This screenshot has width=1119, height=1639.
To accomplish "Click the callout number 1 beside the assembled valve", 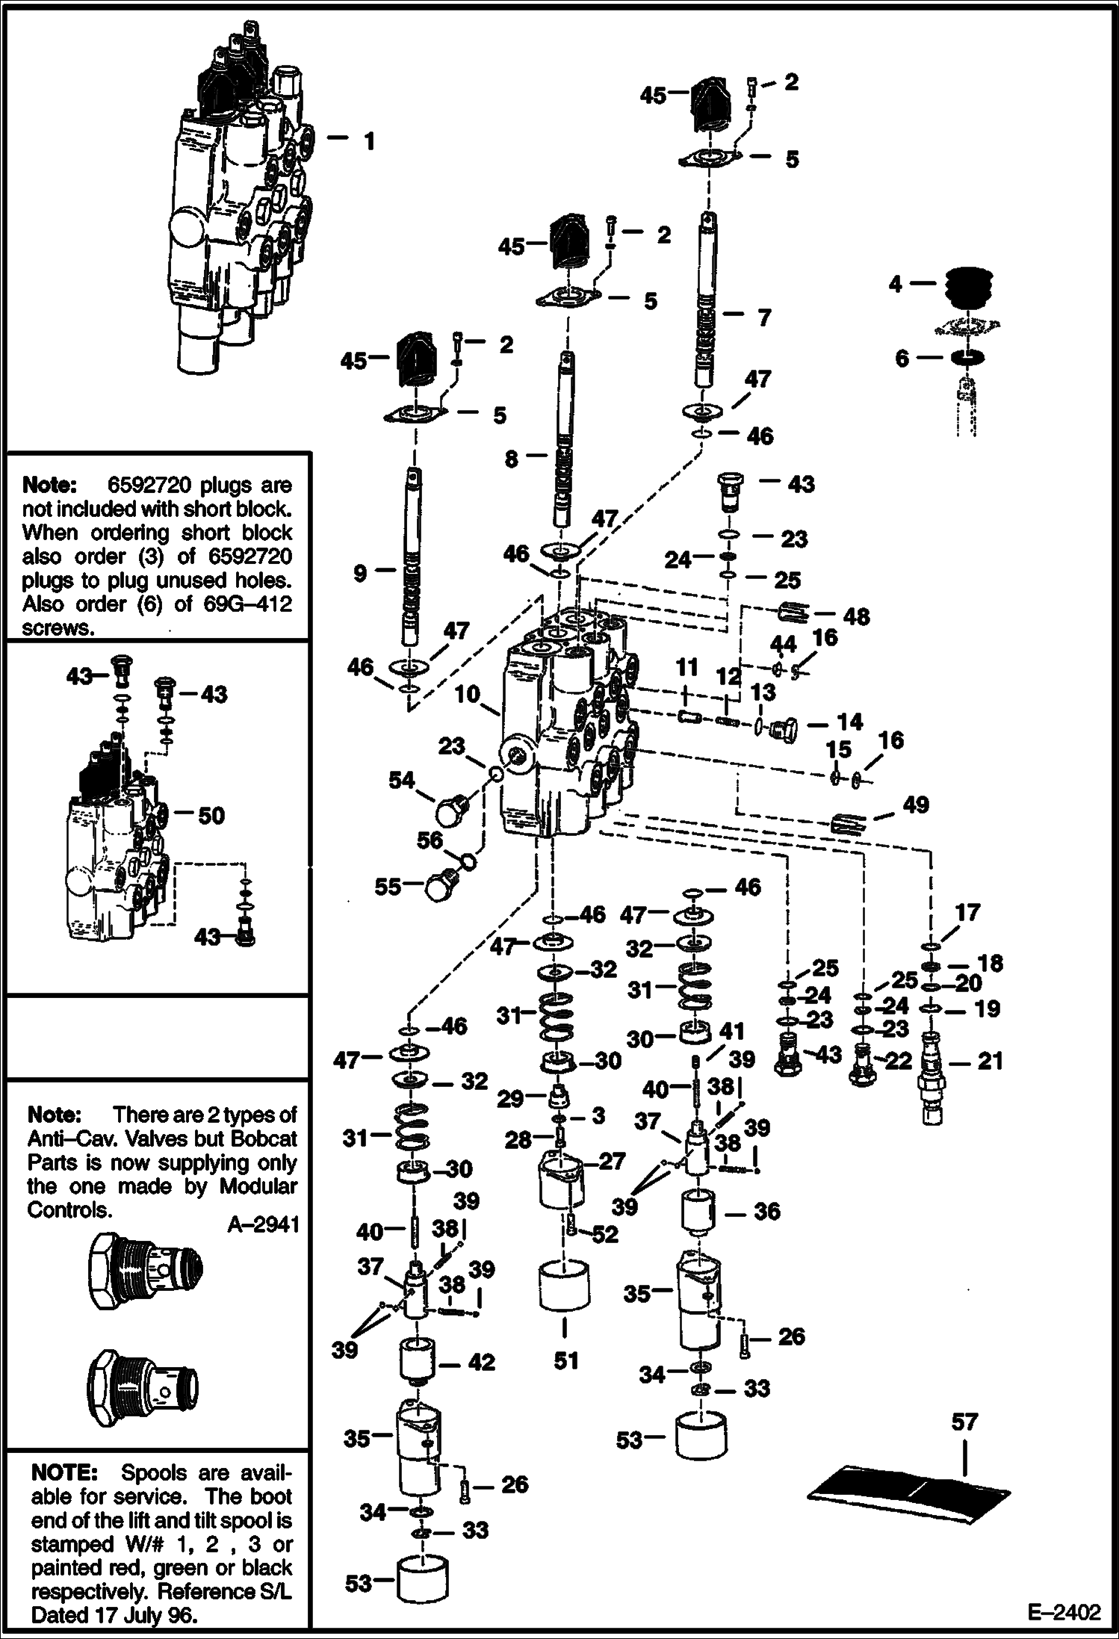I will coord(368,140).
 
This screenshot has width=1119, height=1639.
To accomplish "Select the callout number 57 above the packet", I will coord(964,1422).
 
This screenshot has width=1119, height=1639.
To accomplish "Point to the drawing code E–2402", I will coord(1064,1612).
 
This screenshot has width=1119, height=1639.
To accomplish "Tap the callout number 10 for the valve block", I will coord(468,694).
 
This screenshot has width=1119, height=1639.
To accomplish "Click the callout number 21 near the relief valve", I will coord(990,1061).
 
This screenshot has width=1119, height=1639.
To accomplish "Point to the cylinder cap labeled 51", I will coord(564,1285).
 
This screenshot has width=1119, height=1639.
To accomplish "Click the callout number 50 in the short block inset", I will coord(211,815).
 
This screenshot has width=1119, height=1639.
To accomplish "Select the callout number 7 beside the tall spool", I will coord(763,317).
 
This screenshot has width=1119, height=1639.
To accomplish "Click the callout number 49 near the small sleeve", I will coord(916,805).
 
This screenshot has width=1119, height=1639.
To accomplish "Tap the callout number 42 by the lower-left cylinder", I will coord(481,1363).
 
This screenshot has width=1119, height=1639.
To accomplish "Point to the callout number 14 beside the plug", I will coord(850,722).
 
